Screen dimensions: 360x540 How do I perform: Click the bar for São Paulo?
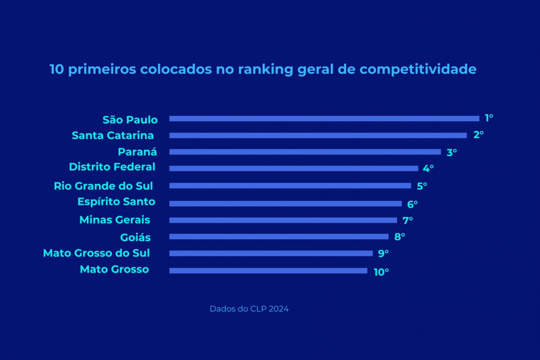click(324, 118)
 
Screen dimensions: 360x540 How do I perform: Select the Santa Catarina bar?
click(318, 136)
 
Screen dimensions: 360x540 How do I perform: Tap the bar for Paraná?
click(305, 152)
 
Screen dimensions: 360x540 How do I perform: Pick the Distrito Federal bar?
click(294, 168)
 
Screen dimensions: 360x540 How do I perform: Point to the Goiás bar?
click(279, 236)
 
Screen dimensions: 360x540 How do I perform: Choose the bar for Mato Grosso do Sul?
click(271, 253)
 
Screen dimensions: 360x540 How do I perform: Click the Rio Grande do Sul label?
click(103, 186)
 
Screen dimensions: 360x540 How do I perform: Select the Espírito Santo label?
click(116, 202)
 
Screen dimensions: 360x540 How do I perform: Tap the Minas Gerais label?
click(115, 220)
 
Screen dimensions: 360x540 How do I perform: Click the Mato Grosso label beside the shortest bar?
click(114, 269)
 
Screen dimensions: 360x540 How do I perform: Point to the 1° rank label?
click(488, 118)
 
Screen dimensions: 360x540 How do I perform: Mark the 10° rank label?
click(381, 272)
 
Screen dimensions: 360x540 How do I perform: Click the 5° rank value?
click(422, 186)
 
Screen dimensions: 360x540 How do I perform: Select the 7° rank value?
click(407, 221)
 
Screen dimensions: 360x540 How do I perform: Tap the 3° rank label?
click(452, 152)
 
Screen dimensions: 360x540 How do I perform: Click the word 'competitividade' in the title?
click(418, 70)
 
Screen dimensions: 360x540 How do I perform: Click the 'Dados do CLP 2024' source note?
click(249, 309)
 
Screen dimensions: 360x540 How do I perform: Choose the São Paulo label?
click(130, 120)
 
